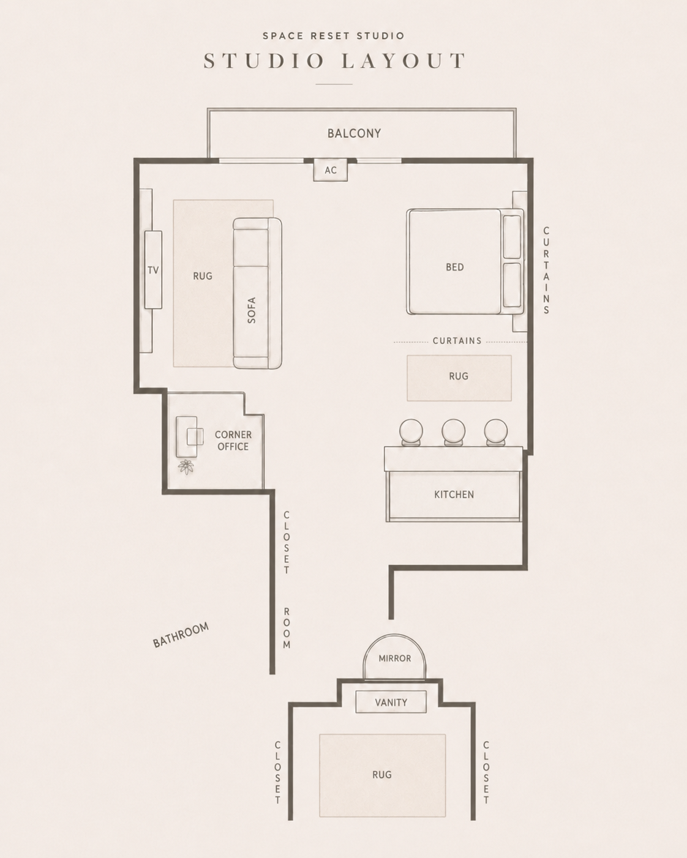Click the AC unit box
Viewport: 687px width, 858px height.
(x=330, y=170)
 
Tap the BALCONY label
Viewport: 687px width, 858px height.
(x=355, y=133)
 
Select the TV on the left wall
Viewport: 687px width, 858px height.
(x=153, y=269)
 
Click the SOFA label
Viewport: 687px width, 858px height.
(x=251, y=310)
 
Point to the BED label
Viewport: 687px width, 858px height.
(x=455, y=267)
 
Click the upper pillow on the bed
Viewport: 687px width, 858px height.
(x=512, y=237)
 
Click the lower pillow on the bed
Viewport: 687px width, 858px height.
(x=512, y=285)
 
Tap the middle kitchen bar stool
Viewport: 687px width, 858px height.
(x=454, y=432)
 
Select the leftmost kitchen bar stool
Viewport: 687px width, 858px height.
(x=411, y=432)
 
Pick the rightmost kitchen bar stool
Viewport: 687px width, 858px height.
(x=496, y=432)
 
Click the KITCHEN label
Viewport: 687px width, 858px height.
(x=454, y=494)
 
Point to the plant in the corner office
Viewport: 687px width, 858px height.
(x=186, y=467)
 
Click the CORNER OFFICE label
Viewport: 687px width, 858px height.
(x=233, y=441)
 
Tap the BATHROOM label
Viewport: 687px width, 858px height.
(x=181, y=635)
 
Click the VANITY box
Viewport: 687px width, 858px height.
(x=391, y=702)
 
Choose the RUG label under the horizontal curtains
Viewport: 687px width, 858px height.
(x=459, y=376)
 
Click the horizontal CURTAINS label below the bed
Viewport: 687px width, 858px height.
(x=457, y=341)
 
